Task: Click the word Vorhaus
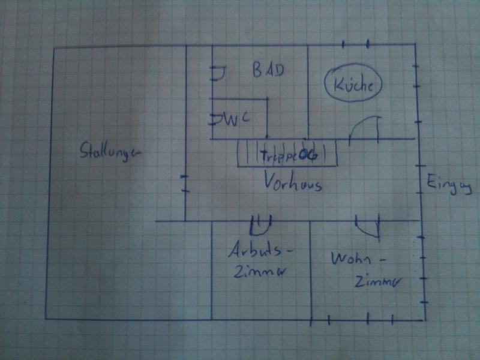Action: pyautogui.click(x=293, y=183)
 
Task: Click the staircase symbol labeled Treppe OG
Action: pyautogui.click(x=287, y=154)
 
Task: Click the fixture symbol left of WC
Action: pyautogui.click(x=215, y=118)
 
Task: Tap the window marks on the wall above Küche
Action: pyautogui.click(x=355, y=44)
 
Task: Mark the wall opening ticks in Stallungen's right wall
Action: pyautogui.click(x=185, y=184)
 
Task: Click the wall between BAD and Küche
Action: pyautogui.click(x=308, y=90)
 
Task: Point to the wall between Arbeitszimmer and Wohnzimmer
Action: pyautogui.click(x=310, y=270)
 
